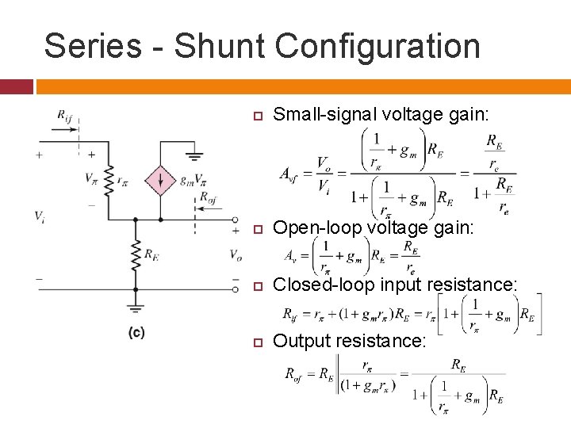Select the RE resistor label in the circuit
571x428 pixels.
coord(151,254)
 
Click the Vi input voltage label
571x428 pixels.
coord(39,216)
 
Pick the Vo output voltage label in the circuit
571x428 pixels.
coord(236,254)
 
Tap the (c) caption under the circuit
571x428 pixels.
coord(136,334)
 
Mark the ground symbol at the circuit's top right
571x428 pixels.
coord(194,155)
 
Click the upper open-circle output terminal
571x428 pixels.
coord(236,220)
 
